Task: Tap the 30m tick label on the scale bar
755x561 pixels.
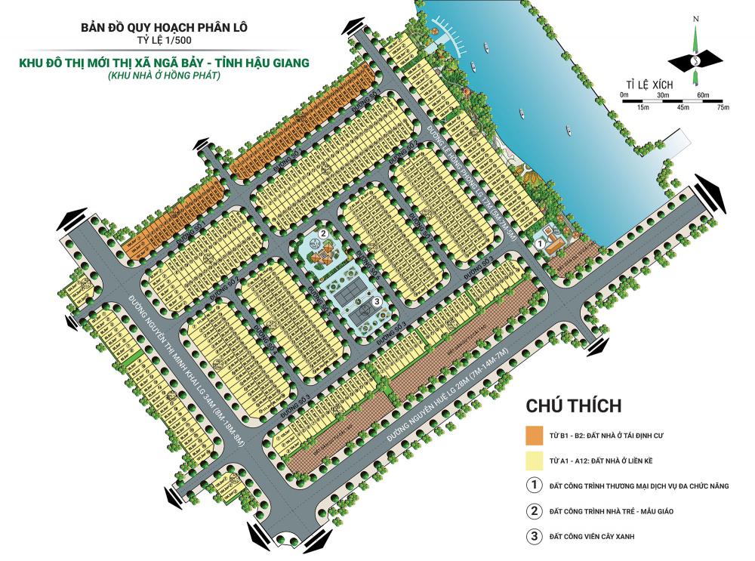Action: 664,94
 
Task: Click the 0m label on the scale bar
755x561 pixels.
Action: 624,94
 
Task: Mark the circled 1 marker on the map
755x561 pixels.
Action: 539,244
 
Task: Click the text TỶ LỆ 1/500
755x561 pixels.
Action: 164,42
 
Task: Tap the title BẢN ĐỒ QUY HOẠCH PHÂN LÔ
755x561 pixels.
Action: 164,28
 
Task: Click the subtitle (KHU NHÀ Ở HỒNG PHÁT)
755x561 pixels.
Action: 164,76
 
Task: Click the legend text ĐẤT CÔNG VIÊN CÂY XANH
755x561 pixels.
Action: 598,537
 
